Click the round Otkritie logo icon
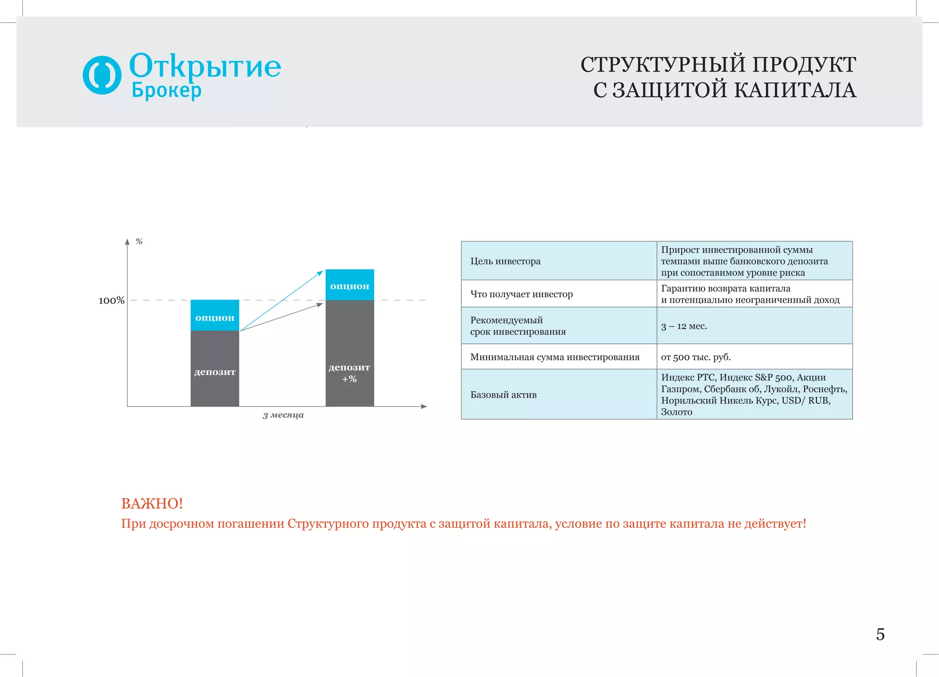click(102, 75)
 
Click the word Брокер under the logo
click(166, 90)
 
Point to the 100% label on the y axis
click(111, 301)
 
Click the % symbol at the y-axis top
click(139, 242)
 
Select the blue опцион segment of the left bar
click(215, 315)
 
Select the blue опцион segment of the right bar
click(349, 285)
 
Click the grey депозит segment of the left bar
click(215, 371)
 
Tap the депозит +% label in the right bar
click(349, 373)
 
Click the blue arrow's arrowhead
click(320, 273)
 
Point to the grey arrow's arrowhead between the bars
click(320, 305)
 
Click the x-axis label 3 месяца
click(283, 415)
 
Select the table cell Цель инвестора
click(505, 261)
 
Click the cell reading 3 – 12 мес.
click(684, 326)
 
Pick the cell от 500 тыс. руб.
click(696, 357)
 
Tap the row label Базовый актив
click(503, 395)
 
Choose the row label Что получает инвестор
click(521, 294)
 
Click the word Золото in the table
click(676, 412)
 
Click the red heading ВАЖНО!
click(152, 504)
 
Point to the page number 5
click(880, 634)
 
